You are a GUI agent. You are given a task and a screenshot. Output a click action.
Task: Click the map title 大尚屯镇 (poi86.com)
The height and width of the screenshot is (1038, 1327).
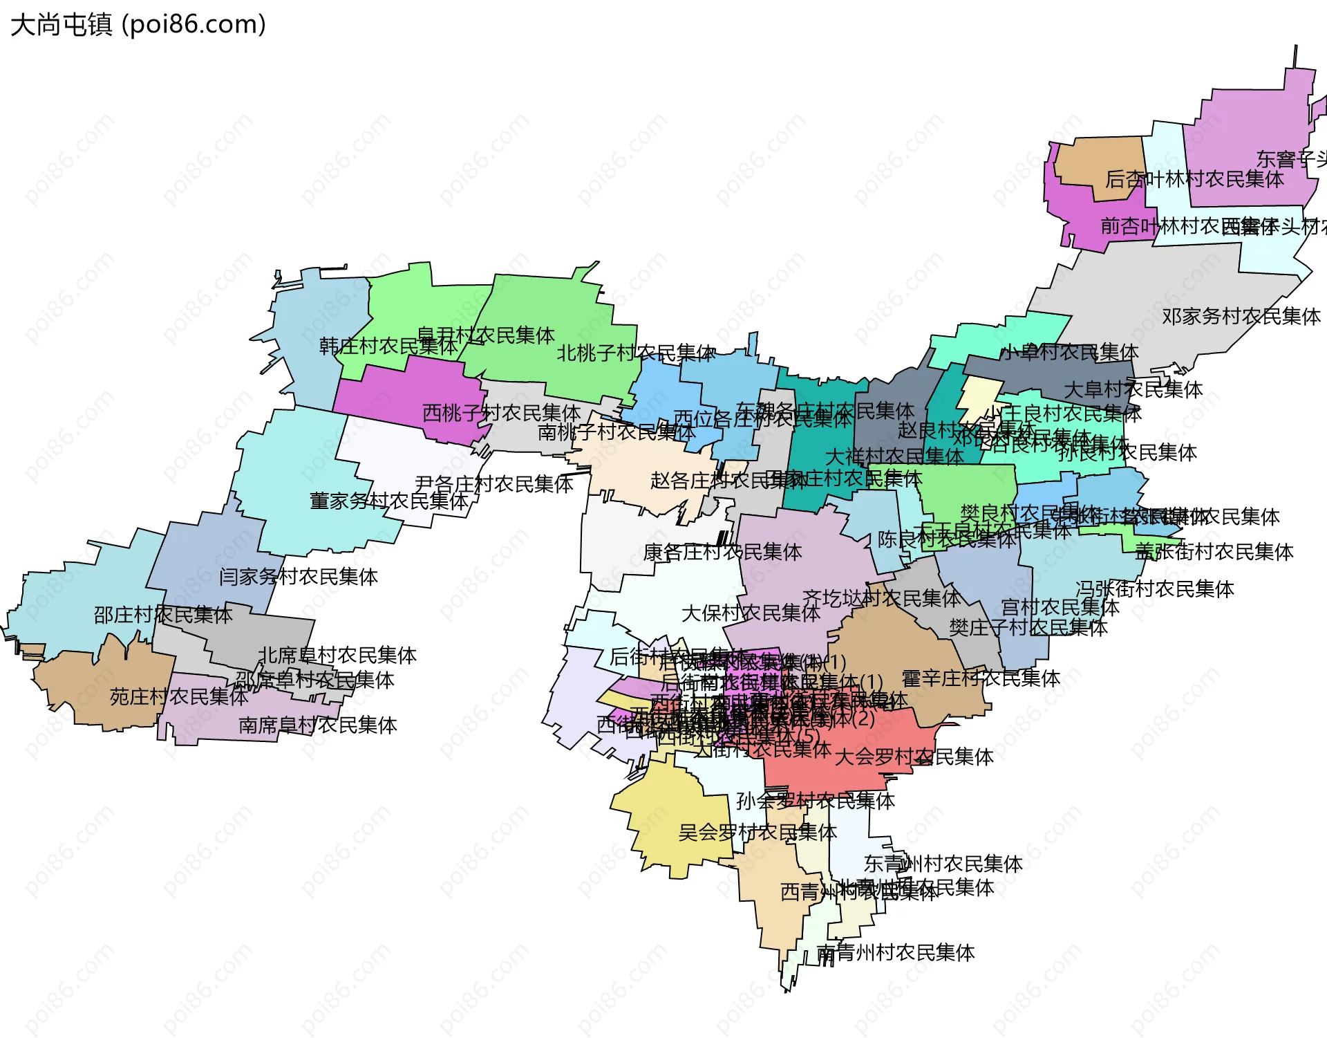coord(138,25)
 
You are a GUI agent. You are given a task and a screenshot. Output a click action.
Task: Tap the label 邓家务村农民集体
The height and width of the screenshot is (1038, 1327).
coord(1241,317)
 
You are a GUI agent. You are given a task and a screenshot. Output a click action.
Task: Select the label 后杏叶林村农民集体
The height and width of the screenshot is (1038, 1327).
coord(1194,180)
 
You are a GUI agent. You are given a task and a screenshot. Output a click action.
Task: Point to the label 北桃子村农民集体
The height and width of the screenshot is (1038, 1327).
coord(636,353)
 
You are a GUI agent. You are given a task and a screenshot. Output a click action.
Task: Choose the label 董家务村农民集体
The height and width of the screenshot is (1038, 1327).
coord(389,501)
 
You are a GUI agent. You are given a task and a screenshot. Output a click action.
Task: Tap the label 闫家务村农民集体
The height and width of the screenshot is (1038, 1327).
coord(298,577)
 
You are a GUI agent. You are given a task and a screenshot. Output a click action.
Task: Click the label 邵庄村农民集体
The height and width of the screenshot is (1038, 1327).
coord(163,615)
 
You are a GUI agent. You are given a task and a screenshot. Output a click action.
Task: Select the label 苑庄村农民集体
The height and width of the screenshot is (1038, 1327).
coord(179,697)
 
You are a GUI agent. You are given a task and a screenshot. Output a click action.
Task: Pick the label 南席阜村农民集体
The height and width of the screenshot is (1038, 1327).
coord(318,725)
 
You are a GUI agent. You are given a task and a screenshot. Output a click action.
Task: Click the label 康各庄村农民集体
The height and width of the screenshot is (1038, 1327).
coord(722,553)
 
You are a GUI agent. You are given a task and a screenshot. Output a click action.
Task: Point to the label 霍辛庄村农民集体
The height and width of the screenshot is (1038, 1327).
coord(981,678)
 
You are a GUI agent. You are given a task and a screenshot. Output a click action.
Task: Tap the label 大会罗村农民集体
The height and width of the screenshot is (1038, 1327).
coord(914,757)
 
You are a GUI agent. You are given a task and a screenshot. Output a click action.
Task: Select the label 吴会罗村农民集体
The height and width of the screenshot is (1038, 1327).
coord(757,833)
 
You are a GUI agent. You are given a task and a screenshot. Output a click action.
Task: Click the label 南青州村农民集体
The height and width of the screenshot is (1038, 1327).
coord(896,953)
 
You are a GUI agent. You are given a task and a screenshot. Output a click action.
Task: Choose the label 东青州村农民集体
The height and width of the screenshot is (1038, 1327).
coord(943,864)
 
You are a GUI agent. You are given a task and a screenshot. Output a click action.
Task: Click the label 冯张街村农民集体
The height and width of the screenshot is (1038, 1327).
coord(1155,589)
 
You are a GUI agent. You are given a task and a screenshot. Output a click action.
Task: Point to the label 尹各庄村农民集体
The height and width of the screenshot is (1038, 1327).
coord(494,484)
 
